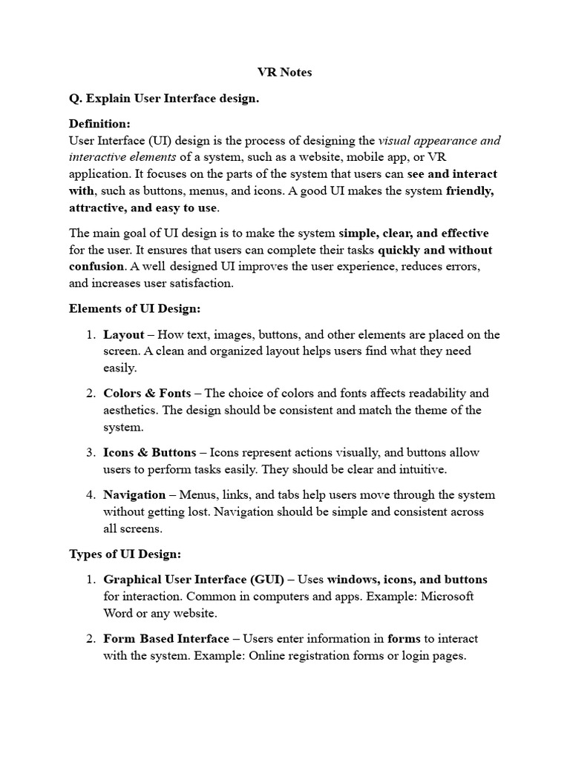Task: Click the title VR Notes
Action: (x=285, y=73)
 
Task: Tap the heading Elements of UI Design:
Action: (x=135, y=308)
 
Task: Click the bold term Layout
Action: (x=124, y=334)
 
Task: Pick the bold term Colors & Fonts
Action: (x=147, y=393)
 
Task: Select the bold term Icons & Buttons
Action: (x=150, y=452)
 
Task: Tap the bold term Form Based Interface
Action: (x=166, y=638)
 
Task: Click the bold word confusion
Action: (x=96, y=265)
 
